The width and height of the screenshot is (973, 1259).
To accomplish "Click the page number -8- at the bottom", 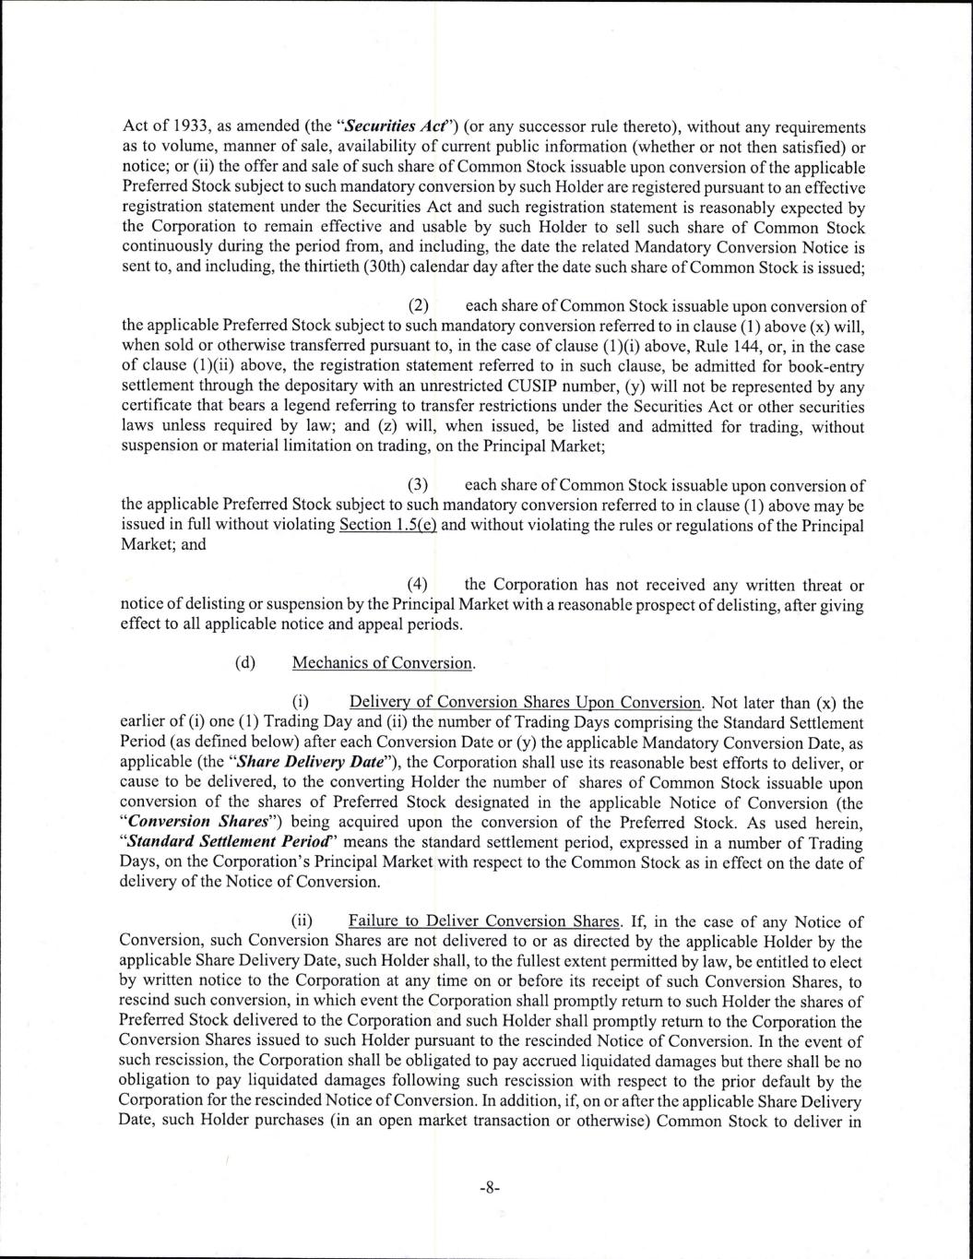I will pyautogui.click(x=490, y=1189).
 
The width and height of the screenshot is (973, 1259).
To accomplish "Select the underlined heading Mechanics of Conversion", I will pyautogui.click(x=384, y=663).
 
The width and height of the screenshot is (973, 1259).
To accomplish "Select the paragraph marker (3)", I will pyautogui.click(x=419, y=486).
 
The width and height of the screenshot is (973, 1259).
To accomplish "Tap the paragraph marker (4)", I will pyautogui.click(x=419, y=585).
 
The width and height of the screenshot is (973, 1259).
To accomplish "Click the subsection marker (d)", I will pyautogui.click(x=245, y=663).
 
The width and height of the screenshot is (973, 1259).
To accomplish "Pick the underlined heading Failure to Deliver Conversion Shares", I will pyautogui.click(x=485, y=921).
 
